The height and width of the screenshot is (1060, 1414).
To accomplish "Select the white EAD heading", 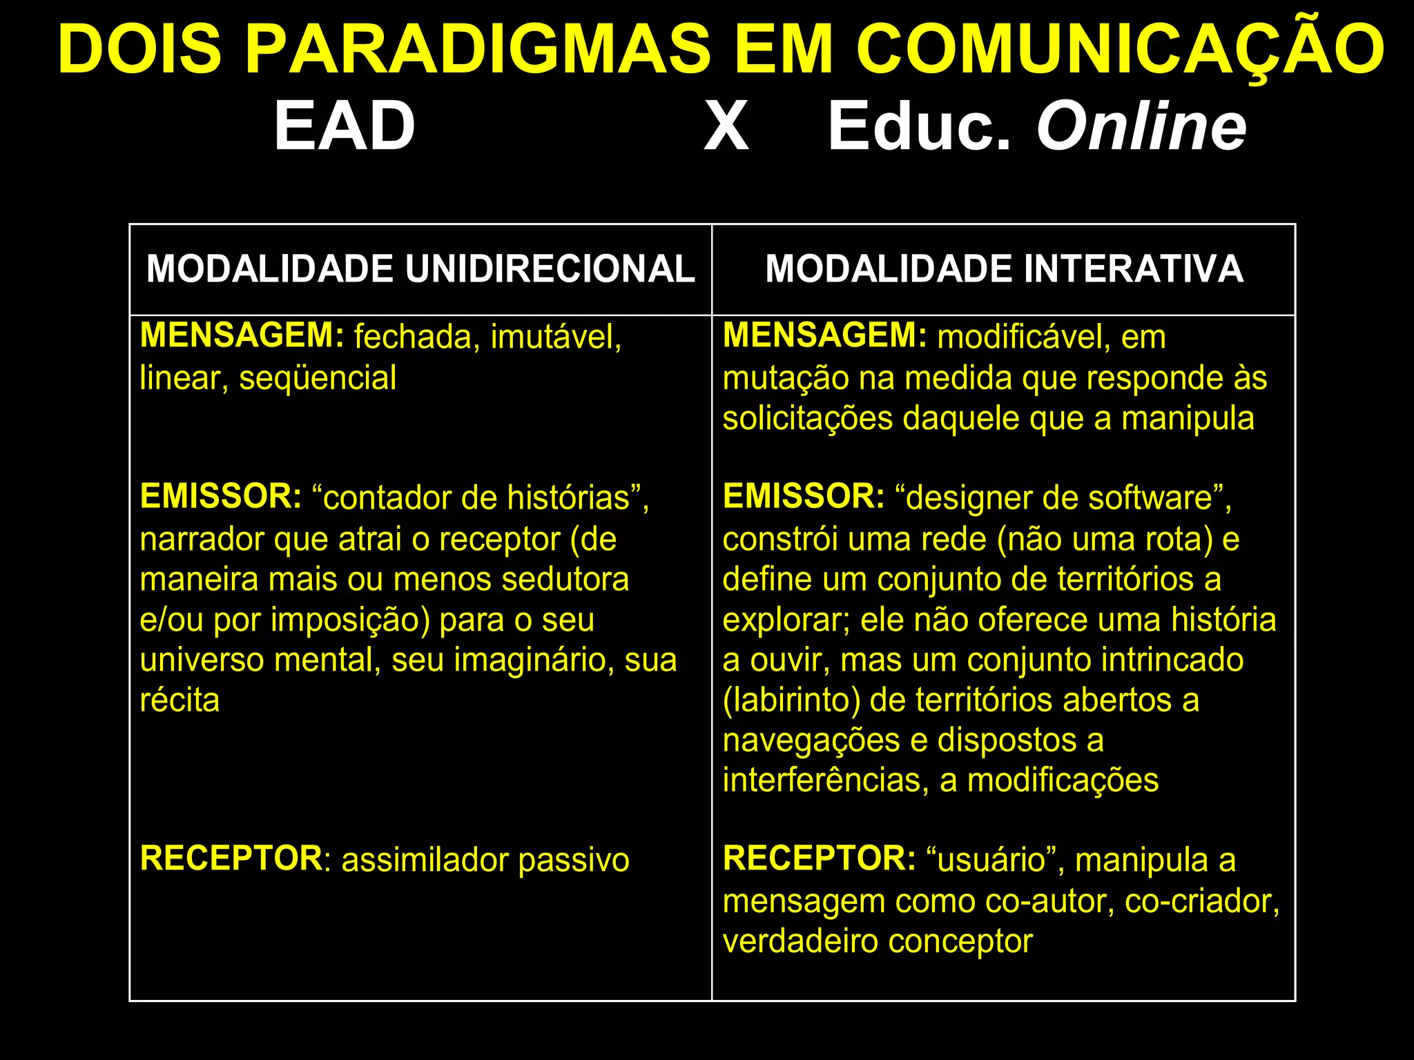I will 345,126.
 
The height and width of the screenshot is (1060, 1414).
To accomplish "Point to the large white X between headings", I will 726,126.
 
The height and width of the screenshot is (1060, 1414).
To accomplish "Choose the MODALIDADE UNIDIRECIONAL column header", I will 420,268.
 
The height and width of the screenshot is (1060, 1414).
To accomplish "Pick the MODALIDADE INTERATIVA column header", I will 1004,268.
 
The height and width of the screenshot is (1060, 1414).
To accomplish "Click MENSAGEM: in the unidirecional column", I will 242,335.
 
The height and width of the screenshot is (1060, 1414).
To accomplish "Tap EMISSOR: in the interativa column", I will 803,496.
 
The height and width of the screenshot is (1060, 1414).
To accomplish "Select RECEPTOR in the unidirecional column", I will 231,858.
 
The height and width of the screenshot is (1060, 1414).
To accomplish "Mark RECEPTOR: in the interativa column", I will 819,858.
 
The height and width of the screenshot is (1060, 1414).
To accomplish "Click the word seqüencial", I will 318,378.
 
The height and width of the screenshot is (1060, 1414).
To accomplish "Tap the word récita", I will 180,700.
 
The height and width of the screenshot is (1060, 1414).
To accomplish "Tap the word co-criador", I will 1201,901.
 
